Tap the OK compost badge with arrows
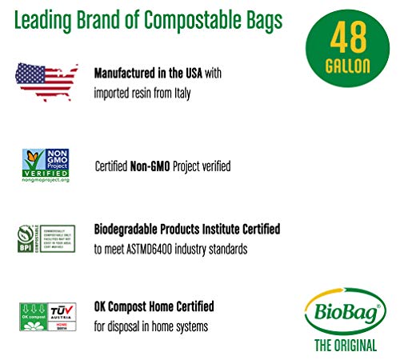(30, 314)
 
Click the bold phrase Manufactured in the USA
(149, 73)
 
